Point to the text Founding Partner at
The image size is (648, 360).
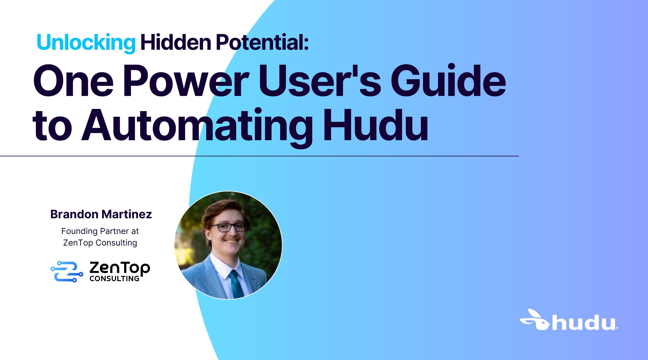(x=100, y=231)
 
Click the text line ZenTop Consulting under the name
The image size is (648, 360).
(x=100, y=243)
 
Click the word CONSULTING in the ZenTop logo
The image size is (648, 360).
(x=114, y=279)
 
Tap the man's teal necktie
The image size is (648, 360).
(x=236, y=284)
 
